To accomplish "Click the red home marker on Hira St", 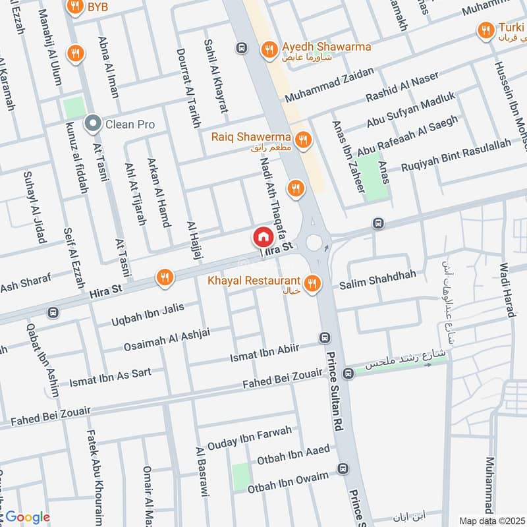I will click(262, 236).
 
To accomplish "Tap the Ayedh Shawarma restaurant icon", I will click(268, 48).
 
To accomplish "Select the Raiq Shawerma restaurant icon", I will click(303, 138).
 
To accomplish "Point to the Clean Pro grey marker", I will click(93, 123).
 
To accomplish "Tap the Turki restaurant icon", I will click(485, 30).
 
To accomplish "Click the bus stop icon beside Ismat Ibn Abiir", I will click(323, 338).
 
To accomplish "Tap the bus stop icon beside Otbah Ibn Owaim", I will click(342, 468).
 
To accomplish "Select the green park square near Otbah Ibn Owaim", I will click(241, 474).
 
